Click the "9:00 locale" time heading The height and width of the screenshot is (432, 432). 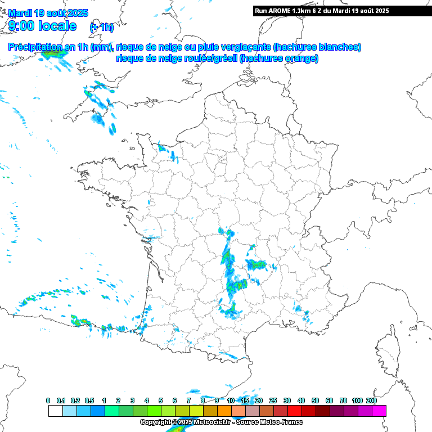42,25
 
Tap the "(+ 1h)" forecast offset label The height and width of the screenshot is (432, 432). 101,28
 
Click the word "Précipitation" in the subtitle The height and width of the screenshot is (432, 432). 35,47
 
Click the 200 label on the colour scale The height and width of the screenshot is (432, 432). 371,400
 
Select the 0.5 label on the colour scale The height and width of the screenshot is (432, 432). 90,400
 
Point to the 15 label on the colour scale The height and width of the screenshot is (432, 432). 245,400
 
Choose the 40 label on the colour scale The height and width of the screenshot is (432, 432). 301,400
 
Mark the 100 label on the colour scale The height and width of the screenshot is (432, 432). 357,400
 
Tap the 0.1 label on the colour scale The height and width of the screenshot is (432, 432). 62,400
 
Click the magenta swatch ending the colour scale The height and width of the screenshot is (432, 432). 379,411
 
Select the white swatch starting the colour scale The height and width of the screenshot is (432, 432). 55,411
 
